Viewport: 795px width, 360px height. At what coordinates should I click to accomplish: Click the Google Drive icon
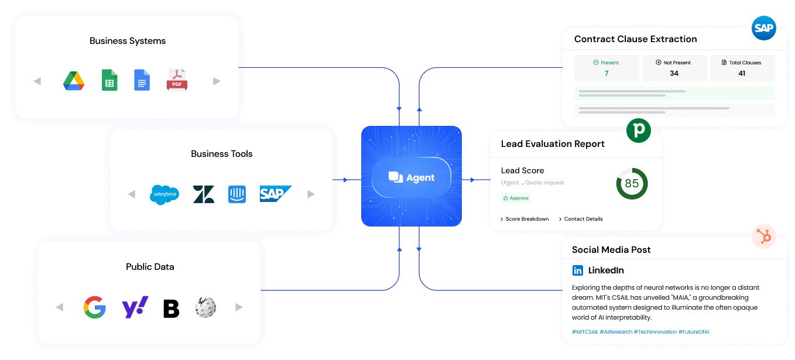coord(74,81)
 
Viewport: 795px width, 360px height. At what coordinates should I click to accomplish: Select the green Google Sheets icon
coord(109,81)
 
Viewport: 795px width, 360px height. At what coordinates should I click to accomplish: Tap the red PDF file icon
coord(177,81)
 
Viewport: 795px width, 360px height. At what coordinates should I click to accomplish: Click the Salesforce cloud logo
coord(165,194)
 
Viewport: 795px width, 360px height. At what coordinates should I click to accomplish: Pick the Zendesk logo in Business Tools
coord(204,194)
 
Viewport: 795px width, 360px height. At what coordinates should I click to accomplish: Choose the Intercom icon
coord(237,194)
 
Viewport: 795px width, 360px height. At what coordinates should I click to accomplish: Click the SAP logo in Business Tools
coord(275,194)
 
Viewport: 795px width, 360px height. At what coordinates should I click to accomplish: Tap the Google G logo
coord(95,307)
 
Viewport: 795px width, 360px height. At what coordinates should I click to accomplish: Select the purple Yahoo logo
coord(135,307)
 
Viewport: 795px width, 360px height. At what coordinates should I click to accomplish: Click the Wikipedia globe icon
coord(205,307)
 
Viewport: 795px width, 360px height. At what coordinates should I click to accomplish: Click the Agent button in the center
coord(412,177)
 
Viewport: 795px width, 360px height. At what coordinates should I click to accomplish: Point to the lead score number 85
coord(632,184)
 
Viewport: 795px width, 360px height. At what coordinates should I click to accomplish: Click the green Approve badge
coord(516,198)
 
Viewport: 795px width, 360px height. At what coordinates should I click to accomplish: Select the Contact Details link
coord(583,219)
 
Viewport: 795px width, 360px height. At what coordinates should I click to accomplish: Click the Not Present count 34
coord(674,73)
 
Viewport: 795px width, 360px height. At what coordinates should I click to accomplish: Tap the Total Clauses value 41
coord(742,73)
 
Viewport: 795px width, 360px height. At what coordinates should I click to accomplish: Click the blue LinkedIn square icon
coord(578,270)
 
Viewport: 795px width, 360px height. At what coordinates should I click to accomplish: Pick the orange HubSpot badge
coord(764,237)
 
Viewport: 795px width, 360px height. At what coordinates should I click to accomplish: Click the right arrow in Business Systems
coord(217,81)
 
